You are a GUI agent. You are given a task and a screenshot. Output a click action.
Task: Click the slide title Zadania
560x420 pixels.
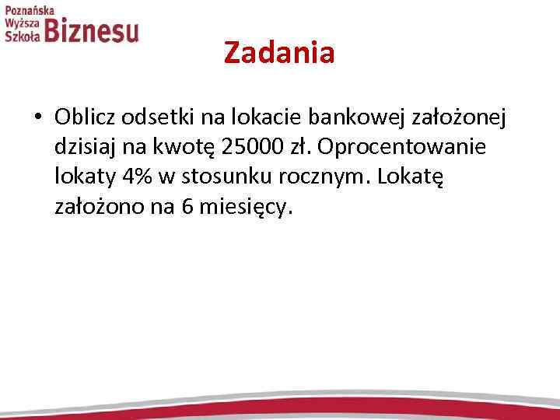(279, 53)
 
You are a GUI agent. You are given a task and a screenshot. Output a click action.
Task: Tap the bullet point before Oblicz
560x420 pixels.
(37, 117)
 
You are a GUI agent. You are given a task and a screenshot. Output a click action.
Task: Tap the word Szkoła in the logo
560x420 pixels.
(22, 36)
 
